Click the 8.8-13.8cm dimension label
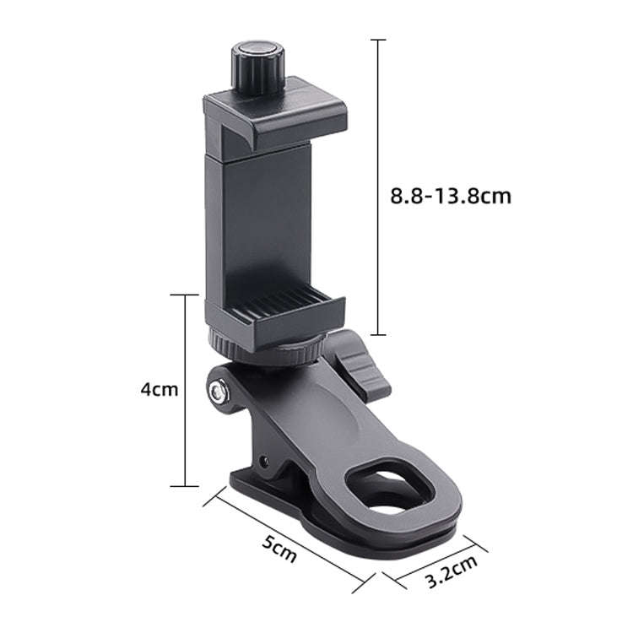tap(451, 196)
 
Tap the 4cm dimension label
tap(160, 389)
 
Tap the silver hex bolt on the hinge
tap(218, 391)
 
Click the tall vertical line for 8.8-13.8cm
tap(379, 186)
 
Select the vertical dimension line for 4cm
tap(185, 389)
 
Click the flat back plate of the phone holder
tap(257, 219)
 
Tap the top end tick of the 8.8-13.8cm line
tap(379, 40)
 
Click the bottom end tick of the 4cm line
tap(185, 486)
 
